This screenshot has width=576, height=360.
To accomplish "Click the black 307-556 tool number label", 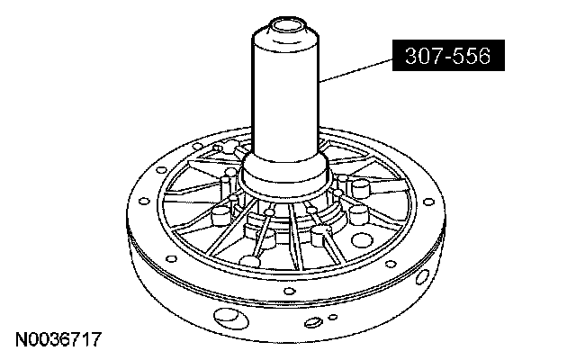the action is [x=448, y=56].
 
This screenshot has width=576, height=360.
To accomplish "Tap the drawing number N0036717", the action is [x=58, y=339].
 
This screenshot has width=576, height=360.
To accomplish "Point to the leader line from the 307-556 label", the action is [x=355, y=69].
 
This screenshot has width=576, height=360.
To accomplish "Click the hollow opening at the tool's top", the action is [x=288, y=26].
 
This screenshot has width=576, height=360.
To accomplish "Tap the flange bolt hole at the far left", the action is [x=144, y=202].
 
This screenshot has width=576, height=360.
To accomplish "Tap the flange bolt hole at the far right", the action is [x=428, y=202].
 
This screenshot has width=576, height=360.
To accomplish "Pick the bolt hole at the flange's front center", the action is [x=290, y=292].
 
